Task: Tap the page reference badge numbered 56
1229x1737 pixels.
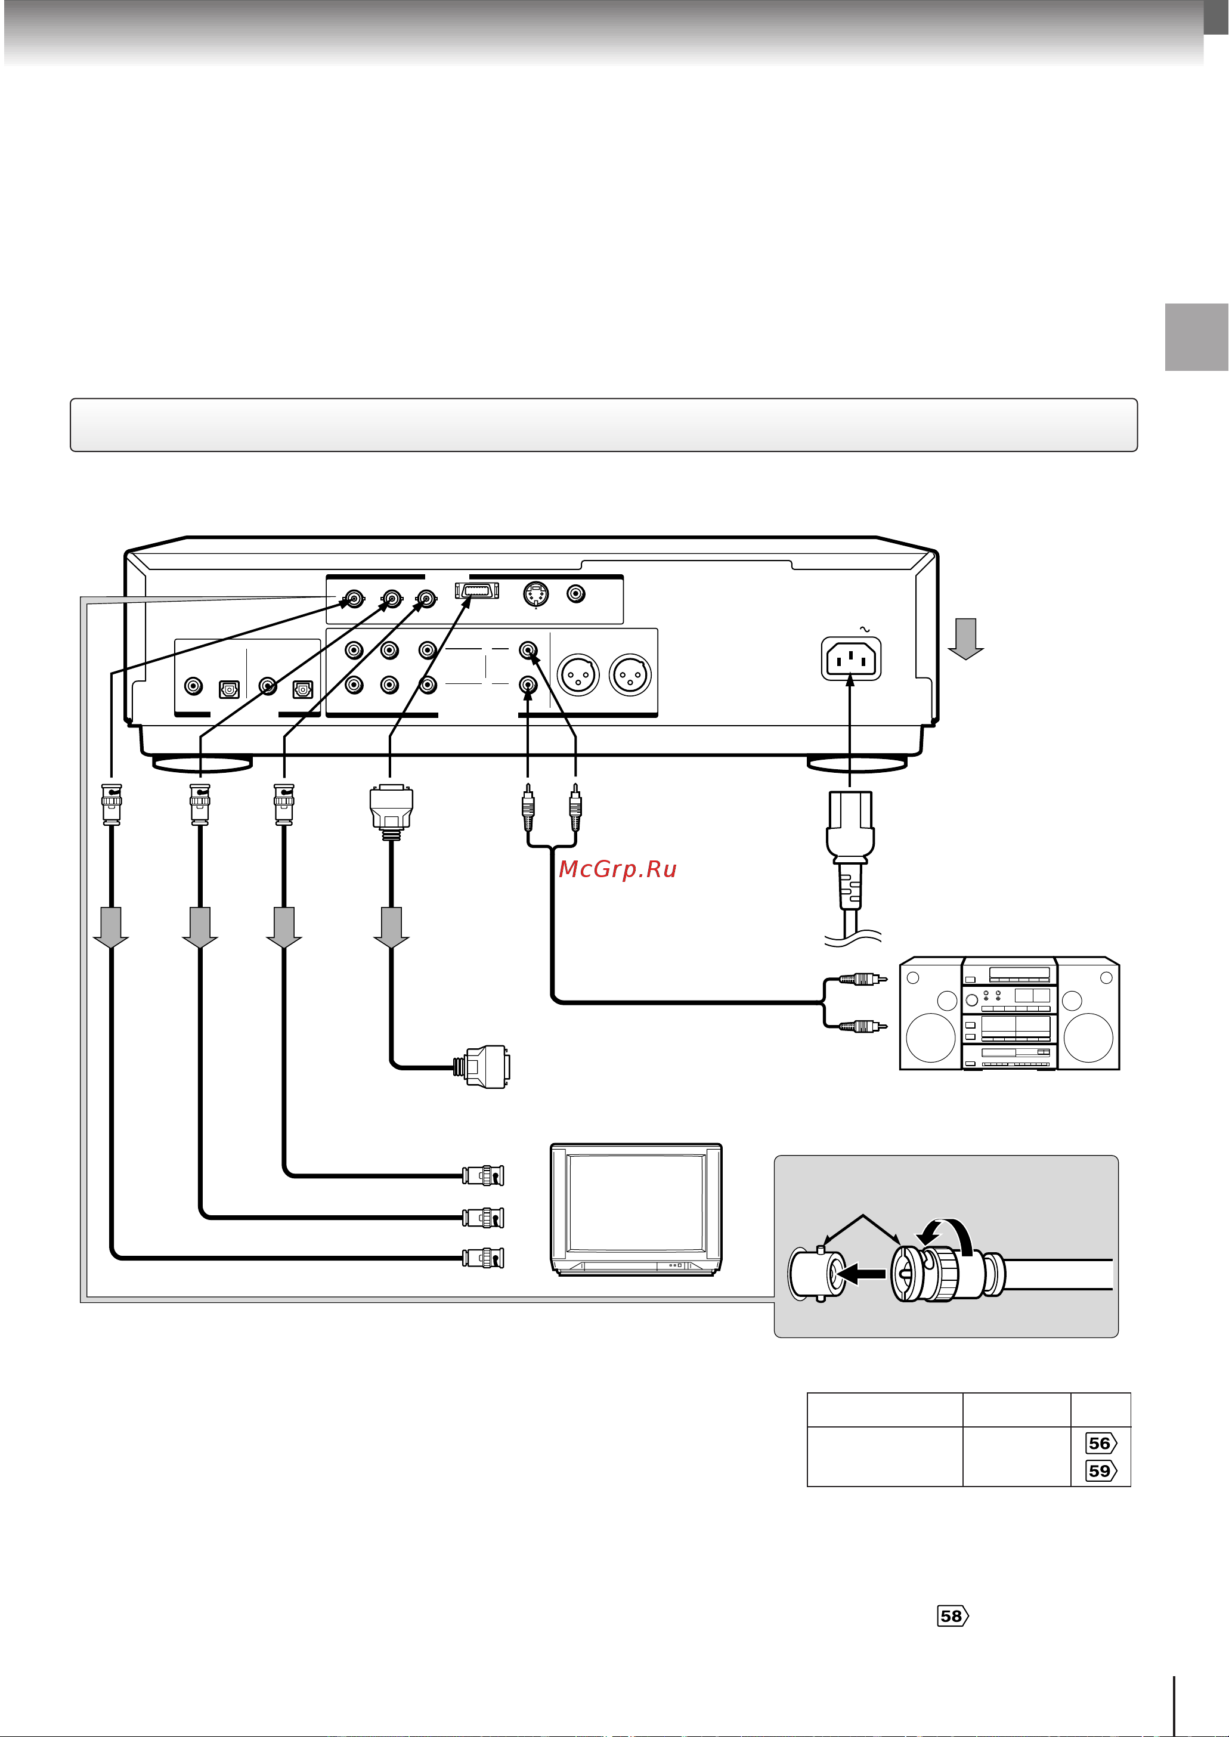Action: [x=1100, y=1442]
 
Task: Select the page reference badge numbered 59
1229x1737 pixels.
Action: [x=1100, y=1470]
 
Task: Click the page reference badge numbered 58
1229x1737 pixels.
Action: [x=952, y=1616]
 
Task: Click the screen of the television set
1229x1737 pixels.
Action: [x=636, y=1203]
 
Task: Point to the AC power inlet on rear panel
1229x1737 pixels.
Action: [x=852, y=658]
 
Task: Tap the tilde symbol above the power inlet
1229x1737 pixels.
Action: [x=865, y=628]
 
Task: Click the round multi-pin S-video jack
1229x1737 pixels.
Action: [x=536, y=594]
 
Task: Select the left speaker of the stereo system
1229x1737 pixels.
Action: [x=930, y=1014]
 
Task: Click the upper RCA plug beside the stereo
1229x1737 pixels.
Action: [x=863, y=979]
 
